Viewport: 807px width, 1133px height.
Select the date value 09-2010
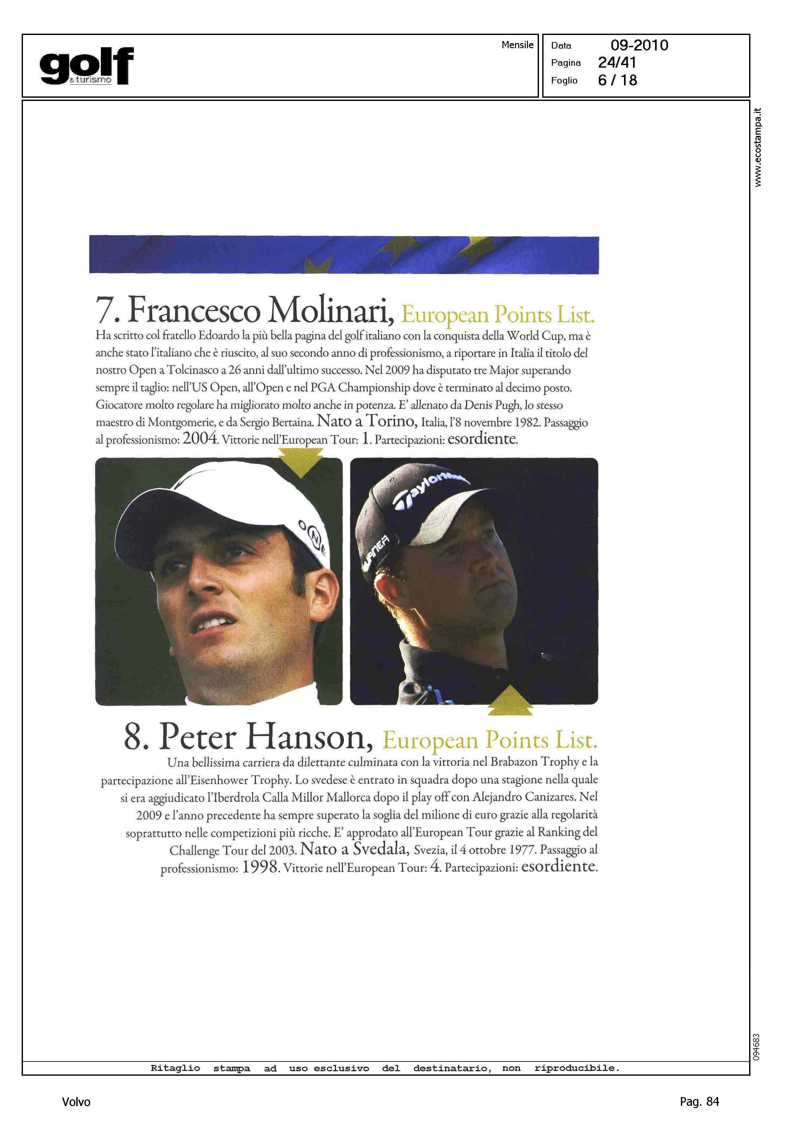click(639, 45)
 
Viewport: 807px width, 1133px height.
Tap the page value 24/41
click(617, 63)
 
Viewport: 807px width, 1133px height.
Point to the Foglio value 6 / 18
click(617, 80)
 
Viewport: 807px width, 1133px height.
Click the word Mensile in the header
click(517, 45)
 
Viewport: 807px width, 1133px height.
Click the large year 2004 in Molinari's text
click(200, 438)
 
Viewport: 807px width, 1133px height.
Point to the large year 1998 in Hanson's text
click(260, 867)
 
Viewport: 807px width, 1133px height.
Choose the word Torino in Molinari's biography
click(392, 421)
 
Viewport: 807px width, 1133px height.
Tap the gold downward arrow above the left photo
click(301, 461)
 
